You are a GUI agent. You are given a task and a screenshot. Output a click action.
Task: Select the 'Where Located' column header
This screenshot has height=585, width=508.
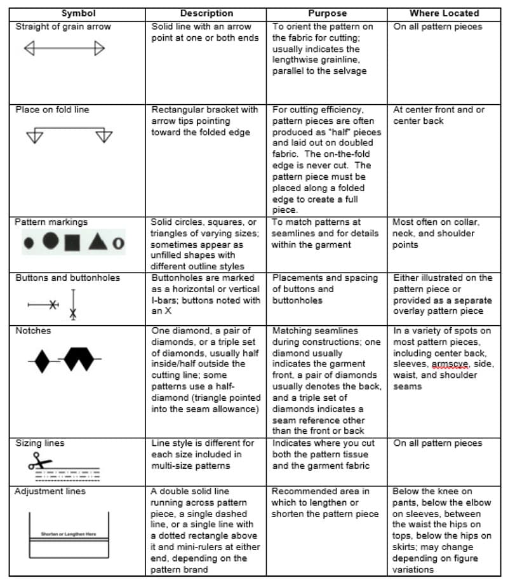[x=444, y=13]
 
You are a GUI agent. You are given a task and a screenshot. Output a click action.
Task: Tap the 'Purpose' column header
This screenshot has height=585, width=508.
[x=327, y=13]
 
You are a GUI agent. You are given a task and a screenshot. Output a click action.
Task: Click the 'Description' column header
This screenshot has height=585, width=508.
[x=206, y=13]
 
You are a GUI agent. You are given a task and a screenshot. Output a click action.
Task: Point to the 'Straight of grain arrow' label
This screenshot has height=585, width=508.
[x=63, y=27]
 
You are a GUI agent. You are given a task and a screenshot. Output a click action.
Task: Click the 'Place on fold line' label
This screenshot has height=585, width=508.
[x=52, y=109]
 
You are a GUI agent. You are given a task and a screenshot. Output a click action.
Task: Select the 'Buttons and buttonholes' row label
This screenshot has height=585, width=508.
[x=67, y=278]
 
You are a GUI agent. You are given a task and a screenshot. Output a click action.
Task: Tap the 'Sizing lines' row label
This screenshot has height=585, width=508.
[x=39, y=443]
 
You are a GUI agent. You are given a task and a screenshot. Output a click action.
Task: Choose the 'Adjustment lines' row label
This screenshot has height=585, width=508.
[x=50, y=491]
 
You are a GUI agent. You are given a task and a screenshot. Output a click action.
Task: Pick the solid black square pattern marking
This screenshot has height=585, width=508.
[x=72, y=242]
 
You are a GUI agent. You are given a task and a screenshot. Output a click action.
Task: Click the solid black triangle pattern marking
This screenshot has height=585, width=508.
[x=97, y=241]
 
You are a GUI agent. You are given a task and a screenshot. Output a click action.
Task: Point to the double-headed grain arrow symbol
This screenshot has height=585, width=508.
[x=63, y=48]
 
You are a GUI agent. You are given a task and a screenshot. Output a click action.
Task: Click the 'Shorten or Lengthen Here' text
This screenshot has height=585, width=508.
[x=69, y=534]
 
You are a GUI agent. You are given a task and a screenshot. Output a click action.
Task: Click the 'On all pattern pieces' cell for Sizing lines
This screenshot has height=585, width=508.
[x=438, y=443]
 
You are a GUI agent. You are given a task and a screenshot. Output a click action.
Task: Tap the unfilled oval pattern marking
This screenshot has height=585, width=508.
[x=117, y=243]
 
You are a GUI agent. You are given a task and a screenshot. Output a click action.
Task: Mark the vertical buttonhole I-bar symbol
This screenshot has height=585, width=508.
[x=73, y=303]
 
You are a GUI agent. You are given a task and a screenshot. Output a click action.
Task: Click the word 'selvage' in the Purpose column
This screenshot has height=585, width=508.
[x=352, y=71]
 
